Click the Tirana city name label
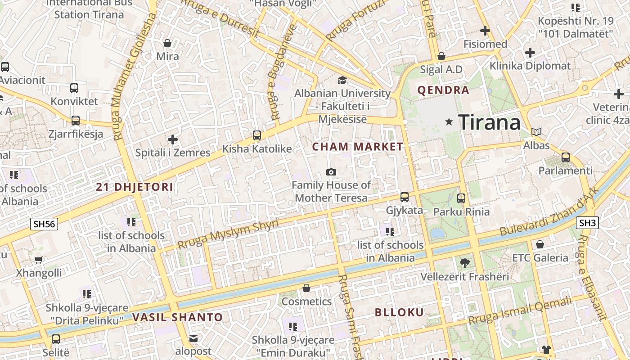[489, 122]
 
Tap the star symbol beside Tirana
[449, 122]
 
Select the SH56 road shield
[44, 224]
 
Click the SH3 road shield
[587, 223]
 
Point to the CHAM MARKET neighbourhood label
[358, 147]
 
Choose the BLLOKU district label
[399, 312]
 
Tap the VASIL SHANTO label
[178, 317]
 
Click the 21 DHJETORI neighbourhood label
[135, 187]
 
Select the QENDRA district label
[443, 90]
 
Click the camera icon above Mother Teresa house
[331, 172]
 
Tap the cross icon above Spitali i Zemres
[173, 139]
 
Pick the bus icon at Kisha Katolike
[257, 135]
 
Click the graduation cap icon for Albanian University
[342, 80]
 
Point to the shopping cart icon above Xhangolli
[39, 260]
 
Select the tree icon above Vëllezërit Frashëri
[464, 263]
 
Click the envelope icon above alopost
[193, 338]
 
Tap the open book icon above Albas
[536, 132]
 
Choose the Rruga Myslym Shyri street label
[228, 234]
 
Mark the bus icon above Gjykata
[405, 197]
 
